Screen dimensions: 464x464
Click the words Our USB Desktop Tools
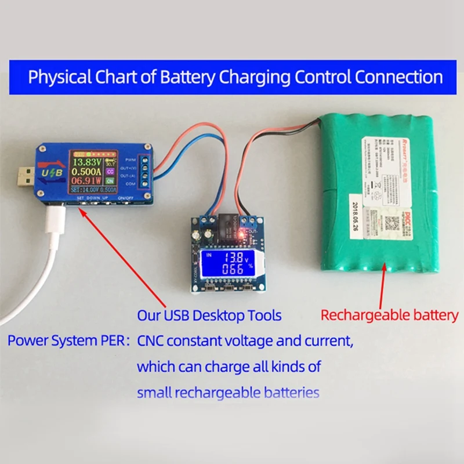click(x=209, y=316)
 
